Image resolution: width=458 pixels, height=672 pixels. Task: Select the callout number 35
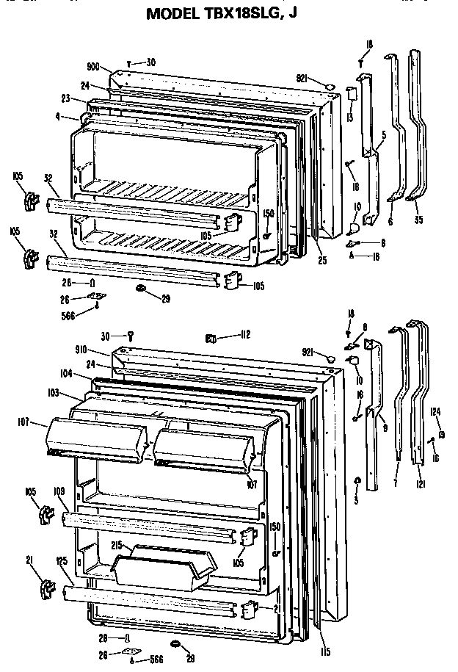[x=419, y=219]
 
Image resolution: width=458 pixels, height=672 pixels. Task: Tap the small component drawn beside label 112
[x=210, y=337]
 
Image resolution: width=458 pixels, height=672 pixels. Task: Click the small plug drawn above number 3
[x=357, y=480]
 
